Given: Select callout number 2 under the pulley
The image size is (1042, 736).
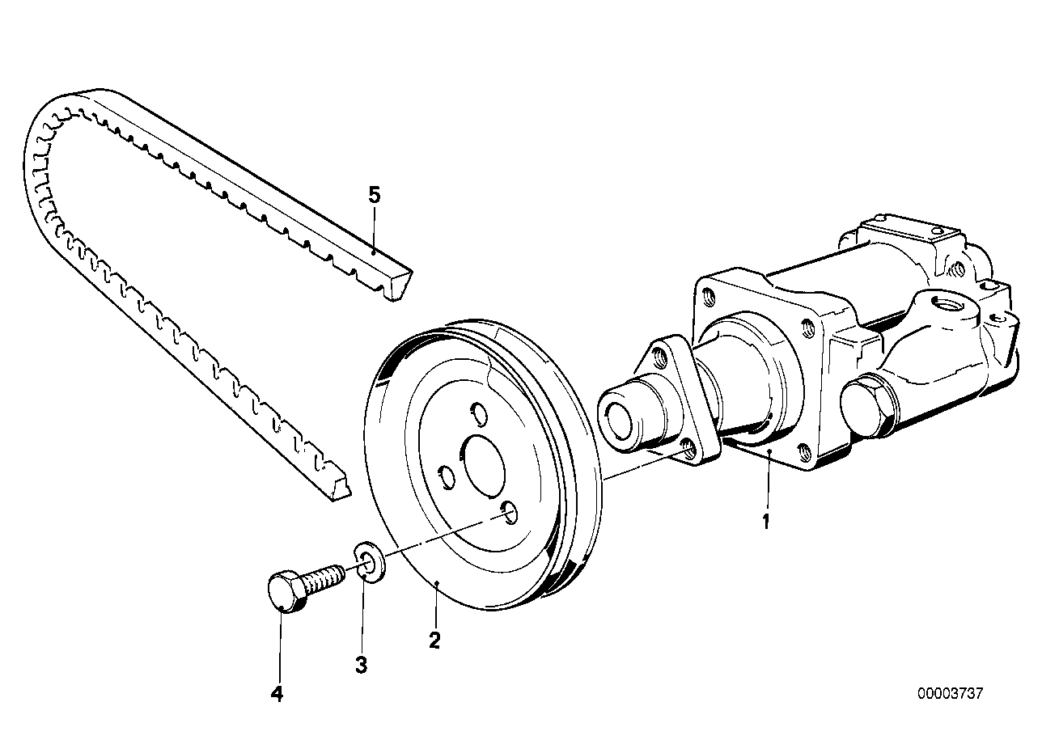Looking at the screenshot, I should click(x=434, y=641).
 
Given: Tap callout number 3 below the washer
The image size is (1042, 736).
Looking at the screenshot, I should click(x=361, y=665).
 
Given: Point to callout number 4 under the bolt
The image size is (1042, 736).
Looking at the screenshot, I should click(x=277, y=694).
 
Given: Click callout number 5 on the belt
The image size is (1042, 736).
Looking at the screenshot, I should click(x=373, y=195).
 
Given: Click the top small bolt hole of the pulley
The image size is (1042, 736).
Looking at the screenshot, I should click(x=478, y=414).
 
